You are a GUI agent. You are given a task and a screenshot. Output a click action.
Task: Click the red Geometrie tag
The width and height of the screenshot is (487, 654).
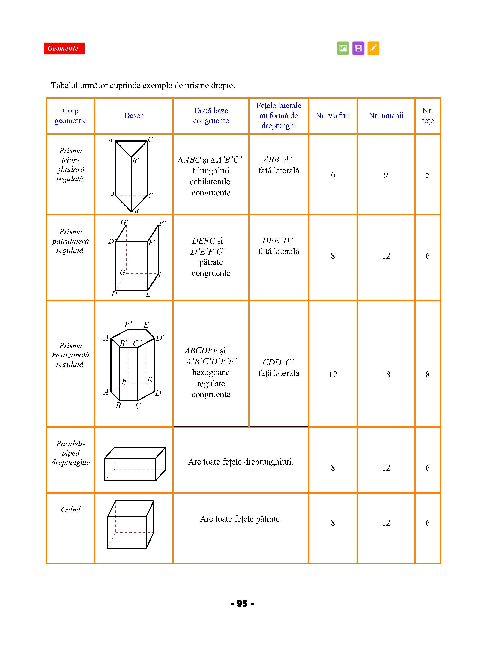click(64, 48)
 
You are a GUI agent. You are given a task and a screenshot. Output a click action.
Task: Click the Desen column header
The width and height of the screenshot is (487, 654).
click(134, 116)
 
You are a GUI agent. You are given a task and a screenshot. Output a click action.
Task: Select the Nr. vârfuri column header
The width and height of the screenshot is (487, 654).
click(333, 116)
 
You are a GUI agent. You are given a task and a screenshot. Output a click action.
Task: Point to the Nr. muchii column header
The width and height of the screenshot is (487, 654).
click(386, 116)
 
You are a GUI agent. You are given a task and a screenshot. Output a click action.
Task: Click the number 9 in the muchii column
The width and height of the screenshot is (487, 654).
click(386, 175)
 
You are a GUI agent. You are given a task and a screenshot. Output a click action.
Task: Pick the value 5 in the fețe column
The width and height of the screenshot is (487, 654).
click(427, 175)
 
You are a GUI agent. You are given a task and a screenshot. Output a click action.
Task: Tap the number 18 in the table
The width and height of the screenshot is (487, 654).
click(386, 374)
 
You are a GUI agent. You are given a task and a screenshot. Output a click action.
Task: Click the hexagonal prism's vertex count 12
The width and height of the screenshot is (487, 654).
click(333, 374)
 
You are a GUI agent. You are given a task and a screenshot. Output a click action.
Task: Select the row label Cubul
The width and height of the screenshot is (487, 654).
click(71, 510)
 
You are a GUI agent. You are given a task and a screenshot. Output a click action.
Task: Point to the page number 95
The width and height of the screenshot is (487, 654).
click(242, 604)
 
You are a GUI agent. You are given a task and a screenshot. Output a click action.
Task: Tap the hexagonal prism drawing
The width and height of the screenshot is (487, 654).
click(133, 366)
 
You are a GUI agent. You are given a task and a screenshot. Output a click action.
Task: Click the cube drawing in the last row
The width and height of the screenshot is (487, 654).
click(131, 524)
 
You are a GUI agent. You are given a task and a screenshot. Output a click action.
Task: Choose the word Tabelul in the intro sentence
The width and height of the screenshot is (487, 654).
click(64, 86)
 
